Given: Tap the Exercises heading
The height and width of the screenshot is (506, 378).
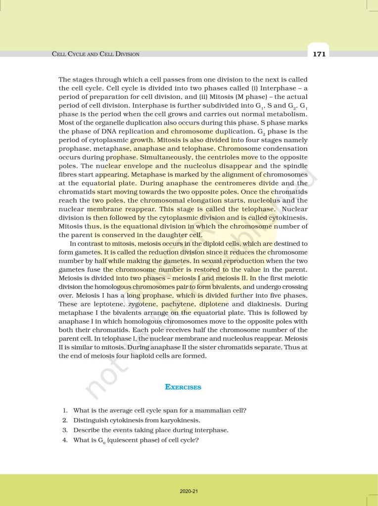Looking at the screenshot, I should click(183, 387).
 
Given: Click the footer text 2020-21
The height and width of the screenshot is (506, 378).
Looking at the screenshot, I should click(189, 491).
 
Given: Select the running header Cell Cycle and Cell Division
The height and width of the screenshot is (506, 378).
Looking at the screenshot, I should click(95, 54).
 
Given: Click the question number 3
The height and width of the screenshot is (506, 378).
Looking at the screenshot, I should click(65, 430).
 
